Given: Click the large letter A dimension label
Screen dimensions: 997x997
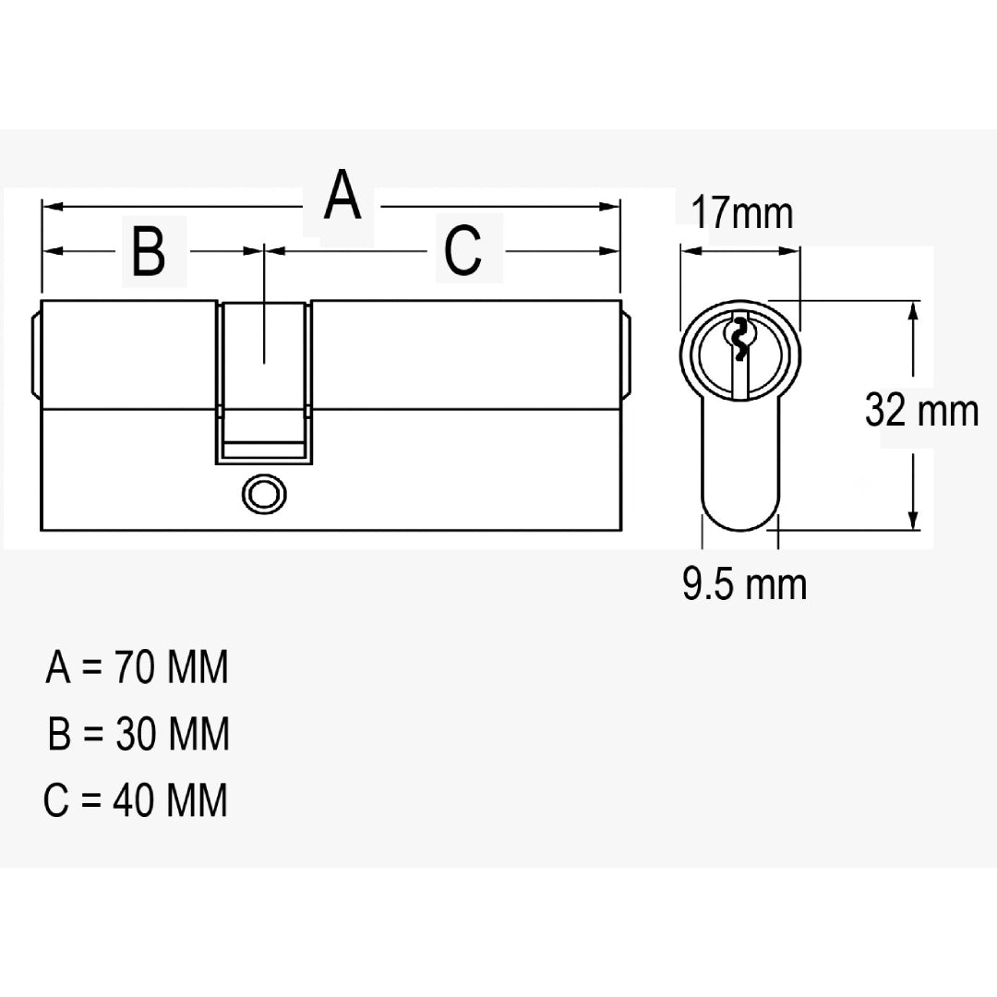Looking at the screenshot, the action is pyautogui.click(x=342, y=195).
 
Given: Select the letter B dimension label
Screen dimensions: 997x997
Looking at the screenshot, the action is pyautogui.click(x=149, y=251).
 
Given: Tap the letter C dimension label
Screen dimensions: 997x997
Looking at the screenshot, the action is pyautogui.click(x=462, y=250).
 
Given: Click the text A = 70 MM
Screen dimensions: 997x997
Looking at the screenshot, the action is pyautogui.click(x=137, y=667).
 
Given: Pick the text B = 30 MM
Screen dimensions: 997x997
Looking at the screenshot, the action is pyautogui.click(x=138, y=734).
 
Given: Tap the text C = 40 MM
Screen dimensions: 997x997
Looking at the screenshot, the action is pyautogui.click(x=136, y=799).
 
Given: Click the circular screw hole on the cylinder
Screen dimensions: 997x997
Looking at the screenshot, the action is pyautogui.click(x=264, y=495).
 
